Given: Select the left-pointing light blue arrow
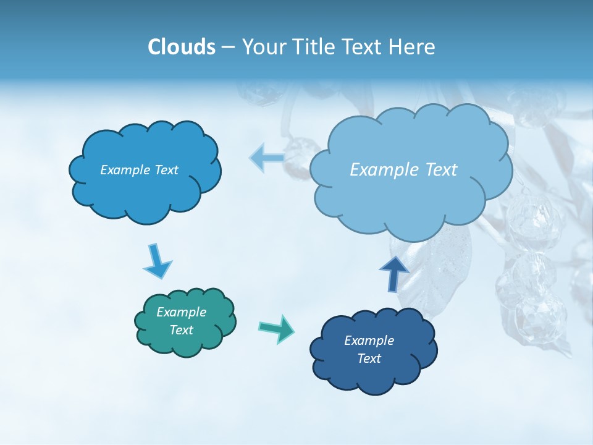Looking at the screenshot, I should coord(267,158).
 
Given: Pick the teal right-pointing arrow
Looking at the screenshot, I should coord(277,328).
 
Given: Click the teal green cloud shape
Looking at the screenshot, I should coord(185,322).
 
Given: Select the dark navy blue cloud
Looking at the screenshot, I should coord(373,350).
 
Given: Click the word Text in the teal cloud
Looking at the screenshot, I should coord(182,330).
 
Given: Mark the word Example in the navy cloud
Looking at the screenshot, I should coord(369,341).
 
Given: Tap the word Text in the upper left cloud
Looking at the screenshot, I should coord(166,170).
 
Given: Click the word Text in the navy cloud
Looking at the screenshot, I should coord(369,358).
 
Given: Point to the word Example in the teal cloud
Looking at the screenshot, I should coord(182,312).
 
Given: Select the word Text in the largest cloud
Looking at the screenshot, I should coord(440,170).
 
